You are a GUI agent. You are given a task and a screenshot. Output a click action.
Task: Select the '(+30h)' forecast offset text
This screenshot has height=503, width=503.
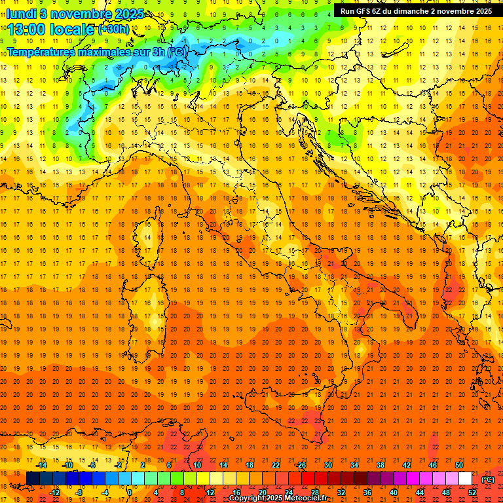114,29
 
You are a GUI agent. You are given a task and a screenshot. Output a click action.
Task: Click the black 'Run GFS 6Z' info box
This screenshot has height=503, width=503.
416,10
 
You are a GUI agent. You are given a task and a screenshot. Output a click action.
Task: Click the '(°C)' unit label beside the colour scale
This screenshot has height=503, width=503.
488,479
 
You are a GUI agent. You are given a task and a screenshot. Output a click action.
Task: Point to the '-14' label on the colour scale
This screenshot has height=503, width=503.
41,465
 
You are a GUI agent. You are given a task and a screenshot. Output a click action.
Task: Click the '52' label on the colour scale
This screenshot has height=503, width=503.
472,492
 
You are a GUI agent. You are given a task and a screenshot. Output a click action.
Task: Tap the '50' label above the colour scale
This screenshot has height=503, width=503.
459,465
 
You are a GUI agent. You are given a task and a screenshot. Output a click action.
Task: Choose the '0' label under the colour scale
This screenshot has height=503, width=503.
130,492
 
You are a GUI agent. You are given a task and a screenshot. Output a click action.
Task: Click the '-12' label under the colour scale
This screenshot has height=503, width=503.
54,492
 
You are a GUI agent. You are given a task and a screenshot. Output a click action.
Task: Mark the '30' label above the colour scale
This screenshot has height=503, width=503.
328,465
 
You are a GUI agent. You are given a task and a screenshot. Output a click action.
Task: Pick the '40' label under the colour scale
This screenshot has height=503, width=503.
393,492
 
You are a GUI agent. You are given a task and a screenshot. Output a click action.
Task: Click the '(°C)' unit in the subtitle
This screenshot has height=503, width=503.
177,52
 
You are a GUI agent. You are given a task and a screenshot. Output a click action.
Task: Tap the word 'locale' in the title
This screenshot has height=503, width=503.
72,29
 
